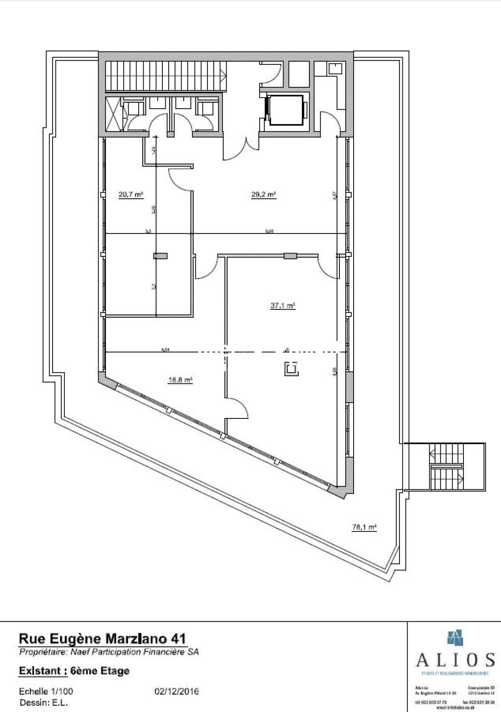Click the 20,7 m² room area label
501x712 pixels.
(x=131, y=195)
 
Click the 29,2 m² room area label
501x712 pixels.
(x=263, y=195)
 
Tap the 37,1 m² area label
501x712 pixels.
(x=283, y=306)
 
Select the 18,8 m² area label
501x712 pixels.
(x=180, y=380)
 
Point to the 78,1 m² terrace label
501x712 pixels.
(x=364, y=527)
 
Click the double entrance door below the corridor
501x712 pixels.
(x=241, y=146)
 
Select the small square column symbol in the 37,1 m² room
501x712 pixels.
(x=291, y=369)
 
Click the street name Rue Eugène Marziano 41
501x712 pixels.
(x=102, y=639)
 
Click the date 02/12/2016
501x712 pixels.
(x=177, y=692)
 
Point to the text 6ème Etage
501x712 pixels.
(x=100, y=671)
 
